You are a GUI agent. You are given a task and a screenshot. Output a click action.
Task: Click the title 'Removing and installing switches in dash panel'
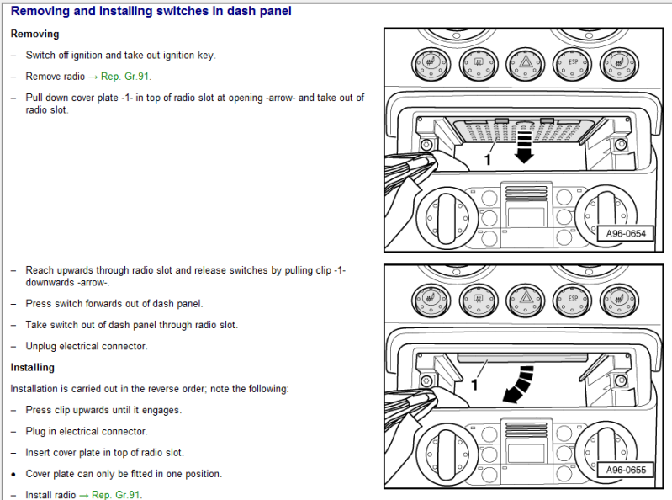pos(151,12)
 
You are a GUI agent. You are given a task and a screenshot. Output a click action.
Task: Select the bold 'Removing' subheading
pos(34,35)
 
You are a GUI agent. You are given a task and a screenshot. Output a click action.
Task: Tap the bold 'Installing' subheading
pos(32,368)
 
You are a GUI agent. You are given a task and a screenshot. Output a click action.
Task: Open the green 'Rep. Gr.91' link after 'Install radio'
pos(118,495)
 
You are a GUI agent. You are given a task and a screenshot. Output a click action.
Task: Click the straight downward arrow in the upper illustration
pos(523,144)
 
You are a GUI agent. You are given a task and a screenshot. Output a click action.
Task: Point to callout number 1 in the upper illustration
pos(487,157)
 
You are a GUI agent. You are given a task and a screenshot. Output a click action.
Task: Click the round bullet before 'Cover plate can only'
pos(14,474)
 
